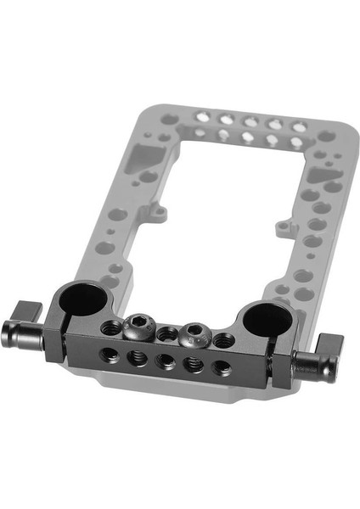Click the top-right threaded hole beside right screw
pos(223,341)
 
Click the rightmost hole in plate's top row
pos(299,126)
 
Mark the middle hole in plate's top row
pos(251,121)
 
